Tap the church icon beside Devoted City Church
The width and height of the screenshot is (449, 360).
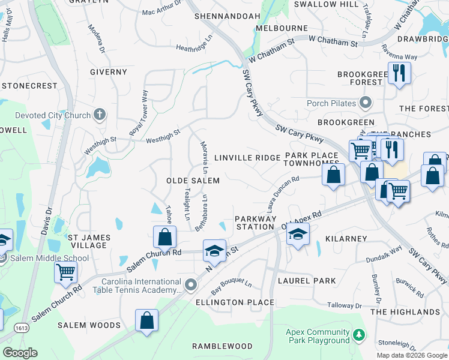pos(100,115)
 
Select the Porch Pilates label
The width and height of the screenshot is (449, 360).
pos(332,103)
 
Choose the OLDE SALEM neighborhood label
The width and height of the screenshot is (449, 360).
pos(193,181)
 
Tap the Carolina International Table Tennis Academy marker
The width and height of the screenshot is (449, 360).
pos(191,284)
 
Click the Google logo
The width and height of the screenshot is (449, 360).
pos(20,353)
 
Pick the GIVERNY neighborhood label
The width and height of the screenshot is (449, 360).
pos(109,72)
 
